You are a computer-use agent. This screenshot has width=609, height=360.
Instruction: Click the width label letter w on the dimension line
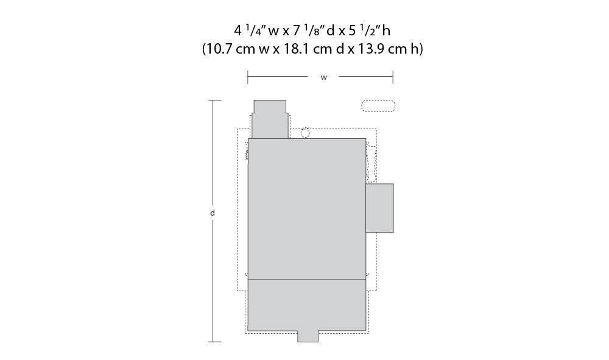pos(323,77)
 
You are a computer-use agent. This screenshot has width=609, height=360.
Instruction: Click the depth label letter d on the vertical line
pos(212,213)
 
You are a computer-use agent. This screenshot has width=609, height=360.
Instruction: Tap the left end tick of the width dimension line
pos(248,77)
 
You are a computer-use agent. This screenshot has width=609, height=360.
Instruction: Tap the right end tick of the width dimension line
pos(393,77)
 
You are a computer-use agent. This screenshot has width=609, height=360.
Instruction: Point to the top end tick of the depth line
pos(212,101)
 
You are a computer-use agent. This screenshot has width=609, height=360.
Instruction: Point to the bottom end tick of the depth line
pos(212,342)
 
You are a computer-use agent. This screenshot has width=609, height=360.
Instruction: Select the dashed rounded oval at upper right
pos(378,106)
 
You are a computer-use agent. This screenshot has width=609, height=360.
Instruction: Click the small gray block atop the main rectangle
pos(269,119)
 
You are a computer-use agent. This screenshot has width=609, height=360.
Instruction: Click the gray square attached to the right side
pos(379,208)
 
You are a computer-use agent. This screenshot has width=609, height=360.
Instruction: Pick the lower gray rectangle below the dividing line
pos(306,305)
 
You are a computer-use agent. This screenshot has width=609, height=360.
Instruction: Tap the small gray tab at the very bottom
pos(308,336)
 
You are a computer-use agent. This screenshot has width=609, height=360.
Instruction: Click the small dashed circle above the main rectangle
pos(306,132)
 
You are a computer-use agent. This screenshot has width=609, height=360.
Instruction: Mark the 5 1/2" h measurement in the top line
pos(373,30)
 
